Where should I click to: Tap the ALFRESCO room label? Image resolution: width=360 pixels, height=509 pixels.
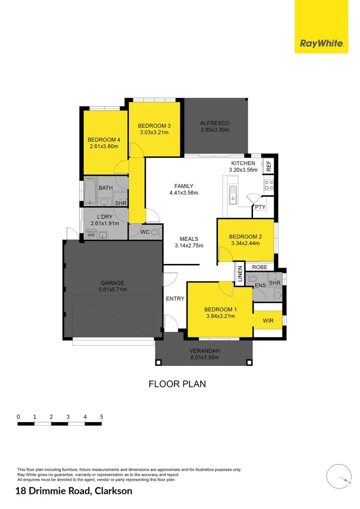click(x=215, y=123)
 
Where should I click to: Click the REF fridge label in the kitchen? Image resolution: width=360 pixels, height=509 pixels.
click(x=269, y=166)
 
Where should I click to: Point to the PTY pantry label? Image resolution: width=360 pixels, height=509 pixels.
click(x=260, y=207)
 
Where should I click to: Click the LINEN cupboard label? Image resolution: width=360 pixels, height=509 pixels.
click(x=240, y=273)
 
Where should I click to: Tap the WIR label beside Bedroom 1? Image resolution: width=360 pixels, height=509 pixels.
click(x=268, y=320)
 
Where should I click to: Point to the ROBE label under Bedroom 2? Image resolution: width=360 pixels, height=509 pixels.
click(x=260, y=267)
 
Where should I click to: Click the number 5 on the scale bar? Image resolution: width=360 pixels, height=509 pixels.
click(x=101, y=417)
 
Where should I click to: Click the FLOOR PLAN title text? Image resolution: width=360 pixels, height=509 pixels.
click(x=177, y=384)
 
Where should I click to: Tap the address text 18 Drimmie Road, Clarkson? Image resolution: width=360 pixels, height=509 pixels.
click(x=74, y=491)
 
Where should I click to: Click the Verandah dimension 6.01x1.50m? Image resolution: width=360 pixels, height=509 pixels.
click(x=205, y=357)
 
